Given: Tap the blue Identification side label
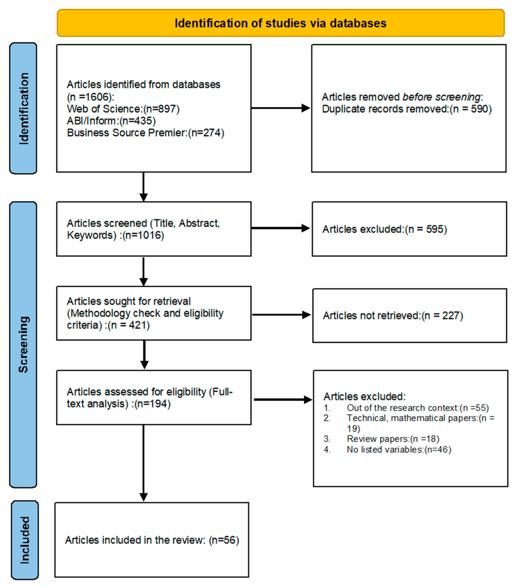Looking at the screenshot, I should [23, 108].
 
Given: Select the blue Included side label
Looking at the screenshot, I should [25, 540].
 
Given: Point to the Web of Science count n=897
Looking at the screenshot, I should [161, 109].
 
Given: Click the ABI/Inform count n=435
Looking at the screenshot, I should [138, 121].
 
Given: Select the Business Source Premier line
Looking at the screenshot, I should [145, 133].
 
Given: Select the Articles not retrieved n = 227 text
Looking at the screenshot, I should [392, 316].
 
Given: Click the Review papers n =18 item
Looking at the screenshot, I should [392, 439].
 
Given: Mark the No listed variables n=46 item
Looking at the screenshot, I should [399, 449].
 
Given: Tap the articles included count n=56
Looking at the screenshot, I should [224, 540].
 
